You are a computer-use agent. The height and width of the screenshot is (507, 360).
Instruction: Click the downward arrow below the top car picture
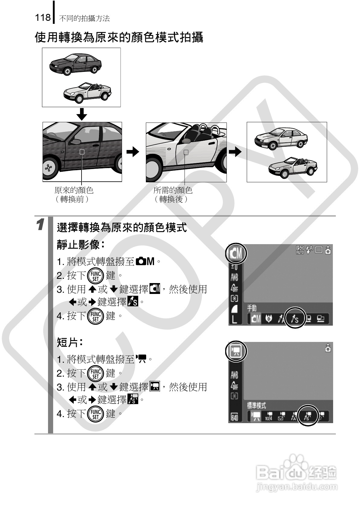82,114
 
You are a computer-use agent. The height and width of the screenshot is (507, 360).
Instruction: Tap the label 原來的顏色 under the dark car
74,190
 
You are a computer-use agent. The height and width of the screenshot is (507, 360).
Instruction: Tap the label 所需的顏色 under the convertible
173,190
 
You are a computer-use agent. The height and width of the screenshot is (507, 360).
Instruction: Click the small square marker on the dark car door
82,152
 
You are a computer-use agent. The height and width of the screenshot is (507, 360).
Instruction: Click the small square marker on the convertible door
186,152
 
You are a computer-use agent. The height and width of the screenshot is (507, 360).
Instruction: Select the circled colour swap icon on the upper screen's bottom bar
294,319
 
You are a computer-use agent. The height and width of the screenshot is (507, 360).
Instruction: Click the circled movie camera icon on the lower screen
236,351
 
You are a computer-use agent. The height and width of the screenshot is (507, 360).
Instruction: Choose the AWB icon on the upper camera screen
234,278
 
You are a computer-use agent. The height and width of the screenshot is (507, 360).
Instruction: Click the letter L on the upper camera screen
234,319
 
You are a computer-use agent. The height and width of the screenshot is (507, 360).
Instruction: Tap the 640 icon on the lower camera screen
235,417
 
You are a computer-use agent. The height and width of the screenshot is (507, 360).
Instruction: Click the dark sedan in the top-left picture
76,64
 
